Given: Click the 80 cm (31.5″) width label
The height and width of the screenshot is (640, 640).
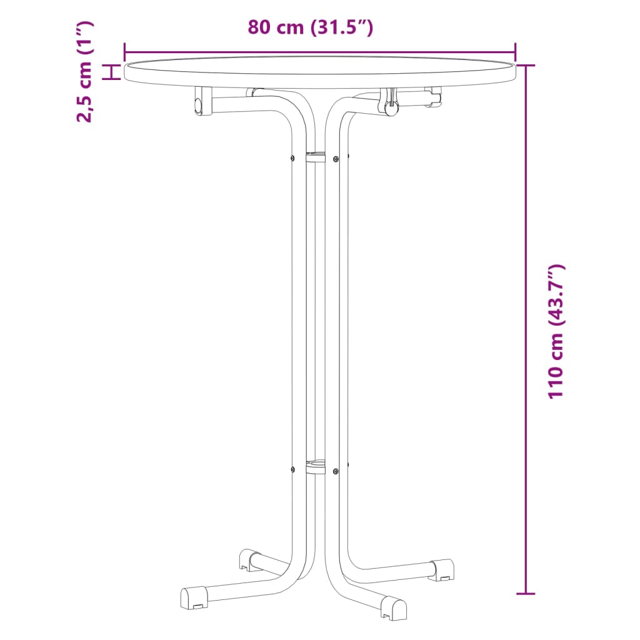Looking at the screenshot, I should tap(311, 28).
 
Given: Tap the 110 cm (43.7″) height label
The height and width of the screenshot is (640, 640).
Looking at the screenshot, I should tap(556, 331).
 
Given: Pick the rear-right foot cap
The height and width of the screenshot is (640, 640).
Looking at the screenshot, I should tap(441, 567).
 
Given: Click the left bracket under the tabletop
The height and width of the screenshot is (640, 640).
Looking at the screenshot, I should tap(201, 101).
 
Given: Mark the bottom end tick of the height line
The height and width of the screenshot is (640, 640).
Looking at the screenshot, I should tap(526, 593).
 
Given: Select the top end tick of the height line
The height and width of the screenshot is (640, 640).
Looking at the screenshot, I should tap(526, 65).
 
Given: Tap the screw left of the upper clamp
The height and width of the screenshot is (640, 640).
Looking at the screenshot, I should tap(292, 157).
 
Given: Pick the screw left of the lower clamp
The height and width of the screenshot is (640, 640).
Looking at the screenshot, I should tap(292, 467).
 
